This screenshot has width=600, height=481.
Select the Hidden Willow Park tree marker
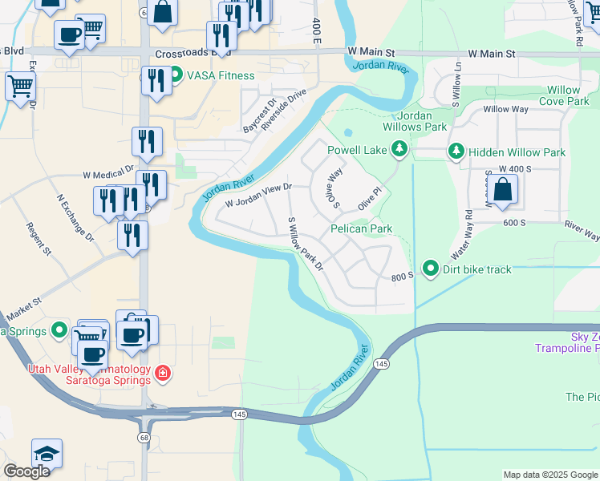456,152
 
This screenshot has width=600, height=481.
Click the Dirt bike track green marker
431,269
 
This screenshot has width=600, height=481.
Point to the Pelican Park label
362,228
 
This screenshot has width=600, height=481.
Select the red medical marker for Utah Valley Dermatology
162,373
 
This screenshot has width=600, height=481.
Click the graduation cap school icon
47,454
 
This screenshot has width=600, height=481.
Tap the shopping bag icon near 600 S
503,190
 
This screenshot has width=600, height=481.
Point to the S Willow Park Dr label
305,241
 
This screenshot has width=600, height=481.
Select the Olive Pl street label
368,197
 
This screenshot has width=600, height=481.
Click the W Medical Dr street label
107,171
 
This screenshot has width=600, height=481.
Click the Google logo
26,471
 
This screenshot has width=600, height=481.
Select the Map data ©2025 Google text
549,475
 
